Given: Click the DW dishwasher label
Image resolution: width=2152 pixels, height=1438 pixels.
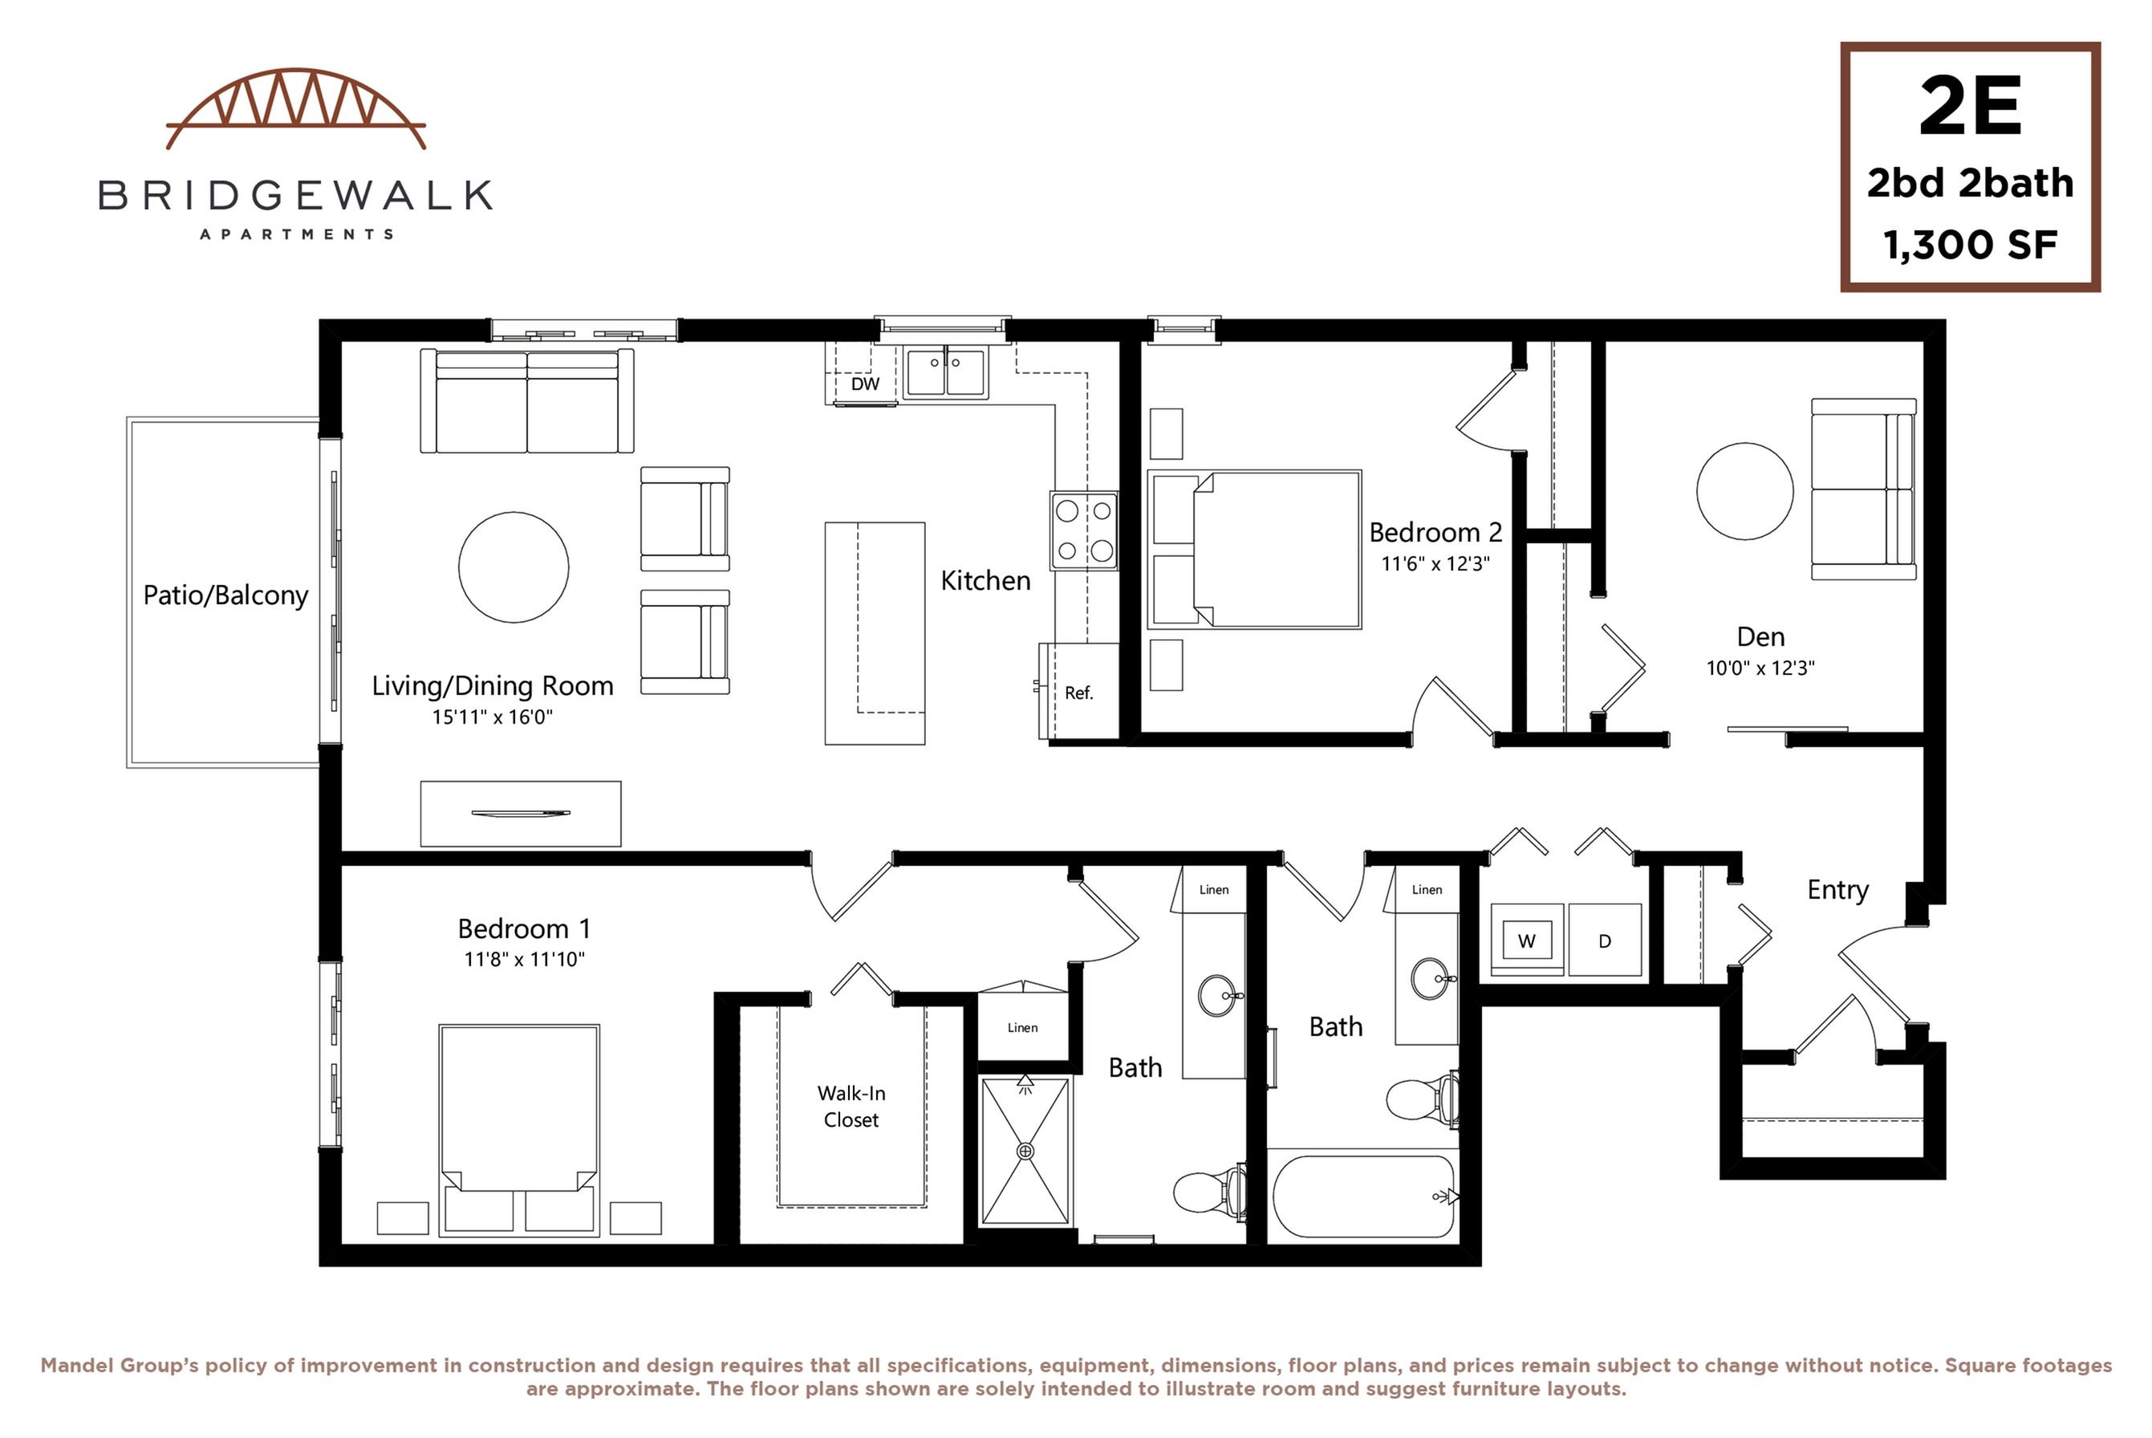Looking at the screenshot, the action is tap(865, 384).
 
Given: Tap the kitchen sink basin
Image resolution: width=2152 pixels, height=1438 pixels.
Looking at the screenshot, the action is tap(945, 372).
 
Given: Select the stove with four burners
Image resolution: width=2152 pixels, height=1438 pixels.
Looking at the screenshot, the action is tap(1085, 531).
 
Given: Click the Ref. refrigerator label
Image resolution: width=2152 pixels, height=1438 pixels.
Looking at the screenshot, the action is tap(1079, 693).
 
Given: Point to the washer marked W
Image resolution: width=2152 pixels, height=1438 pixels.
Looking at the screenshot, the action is tap(1527, 941).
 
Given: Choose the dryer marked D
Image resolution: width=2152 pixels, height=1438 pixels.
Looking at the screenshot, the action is tap(1605, 941).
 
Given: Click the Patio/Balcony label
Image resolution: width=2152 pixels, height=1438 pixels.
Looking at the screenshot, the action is tap(225, 596).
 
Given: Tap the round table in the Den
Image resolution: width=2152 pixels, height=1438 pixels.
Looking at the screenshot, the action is tap(1745, 492).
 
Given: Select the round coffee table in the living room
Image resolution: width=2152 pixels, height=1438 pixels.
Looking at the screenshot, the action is tap(514, 567).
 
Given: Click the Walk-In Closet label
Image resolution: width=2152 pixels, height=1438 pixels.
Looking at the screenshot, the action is tap(851, 1106).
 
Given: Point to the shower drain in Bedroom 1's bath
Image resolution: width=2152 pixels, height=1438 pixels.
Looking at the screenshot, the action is tap(1026, 1151).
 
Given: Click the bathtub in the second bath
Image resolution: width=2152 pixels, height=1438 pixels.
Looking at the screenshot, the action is tap(1363, 1196).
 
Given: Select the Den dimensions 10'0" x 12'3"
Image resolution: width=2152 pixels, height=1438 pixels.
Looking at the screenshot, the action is tap(1760, 668).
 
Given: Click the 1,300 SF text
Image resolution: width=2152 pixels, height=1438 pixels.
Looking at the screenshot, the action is tap(1971, 245).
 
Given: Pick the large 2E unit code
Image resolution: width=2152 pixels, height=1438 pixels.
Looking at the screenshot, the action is tap(1971, 108).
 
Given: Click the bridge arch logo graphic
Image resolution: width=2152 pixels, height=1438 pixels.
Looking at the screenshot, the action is tap(295, 108).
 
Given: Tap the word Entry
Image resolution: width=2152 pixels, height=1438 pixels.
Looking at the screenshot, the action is tap(1837, 890).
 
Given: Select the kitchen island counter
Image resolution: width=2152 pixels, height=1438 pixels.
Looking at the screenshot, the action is tap(875, 633).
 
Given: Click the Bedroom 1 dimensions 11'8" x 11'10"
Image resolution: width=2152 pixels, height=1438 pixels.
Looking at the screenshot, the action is tap(525, 959).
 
